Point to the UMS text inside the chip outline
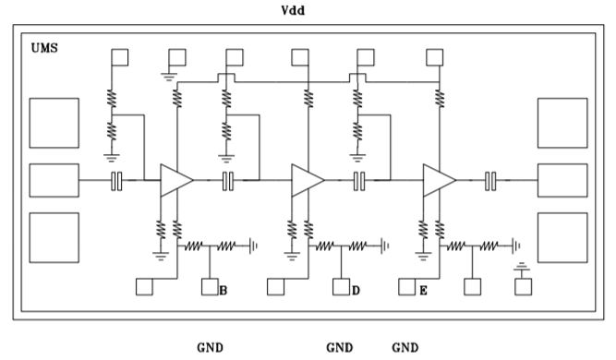[43, 46]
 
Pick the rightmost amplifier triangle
[438, 180]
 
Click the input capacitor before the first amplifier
[117, 180]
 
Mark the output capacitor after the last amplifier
[491, 180]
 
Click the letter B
[223, 291]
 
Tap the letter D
[355, 291]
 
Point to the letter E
[421, 291]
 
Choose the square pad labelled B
[209, 287]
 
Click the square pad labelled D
[341, 287]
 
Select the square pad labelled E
[406, 287]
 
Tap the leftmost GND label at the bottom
[210, 347]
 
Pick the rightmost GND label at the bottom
[405, 347]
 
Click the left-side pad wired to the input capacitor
[54, 180]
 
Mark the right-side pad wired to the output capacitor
[562, 180]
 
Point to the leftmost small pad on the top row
[120, 56]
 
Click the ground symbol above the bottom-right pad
[524, 269]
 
